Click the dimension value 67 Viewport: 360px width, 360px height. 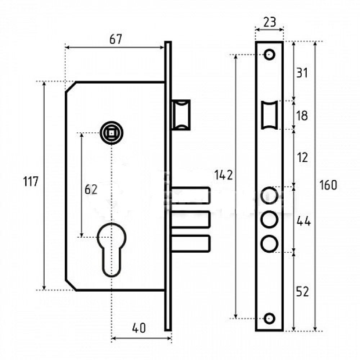pos(116,39)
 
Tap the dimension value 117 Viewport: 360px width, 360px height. pos(31,181)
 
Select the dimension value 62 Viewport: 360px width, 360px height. pos(91,189)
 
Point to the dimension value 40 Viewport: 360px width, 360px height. pos(139,328)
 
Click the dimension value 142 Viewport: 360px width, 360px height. pos(224,175)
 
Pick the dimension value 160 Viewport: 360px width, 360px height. pos(328,185)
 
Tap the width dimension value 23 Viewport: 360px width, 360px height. pos(269,22)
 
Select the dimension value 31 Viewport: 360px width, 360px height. pos(302,73)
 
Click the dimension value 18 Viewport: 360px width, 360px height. pos(302,116)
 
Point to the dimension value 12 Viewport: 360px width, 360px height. pos(302,158)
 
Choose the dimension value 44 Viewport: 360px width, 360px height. pos(303,221)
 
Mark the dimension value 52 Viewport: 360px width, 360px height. pos(302,292)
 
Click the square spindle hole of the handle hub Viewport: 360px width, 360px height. pos(111,133)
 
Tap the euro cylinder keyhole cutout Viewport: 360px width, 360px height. pos(112,249)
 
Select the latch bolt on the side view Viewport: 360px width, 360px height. pos(181,115)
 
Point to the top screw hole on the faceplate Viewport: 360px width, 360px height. pos(269,55)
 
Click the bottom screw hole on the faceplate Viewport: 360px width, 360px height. pos(269,319)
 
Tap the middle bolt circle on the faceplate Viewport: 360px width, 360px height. pos(269,220)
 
